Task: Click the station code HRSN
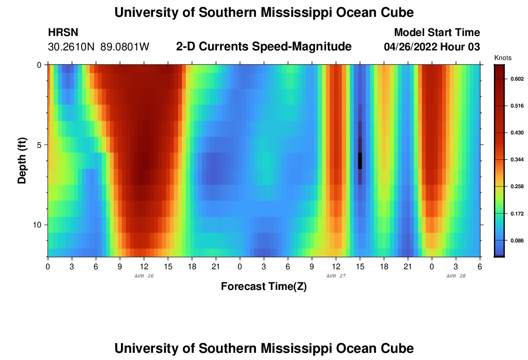pos(63,33)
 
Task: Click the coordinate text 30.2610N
pos(72,47)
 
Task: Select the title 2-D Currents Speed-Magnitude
pos(264,47)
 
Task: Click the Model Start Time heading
pos(437,33)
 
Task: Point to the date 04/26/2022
pos(410,47)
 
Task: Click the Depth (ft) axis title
pos(22,160)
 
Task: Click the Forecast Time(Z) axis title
pos(264,287)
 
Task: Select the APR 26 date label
pos(144,276)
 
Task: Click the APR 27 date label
pos(336,276)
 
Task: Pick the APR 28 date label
pos(456,276)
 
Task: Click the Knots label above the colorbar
pos(503,58)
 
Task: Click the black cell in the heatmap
pos(360,161)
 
